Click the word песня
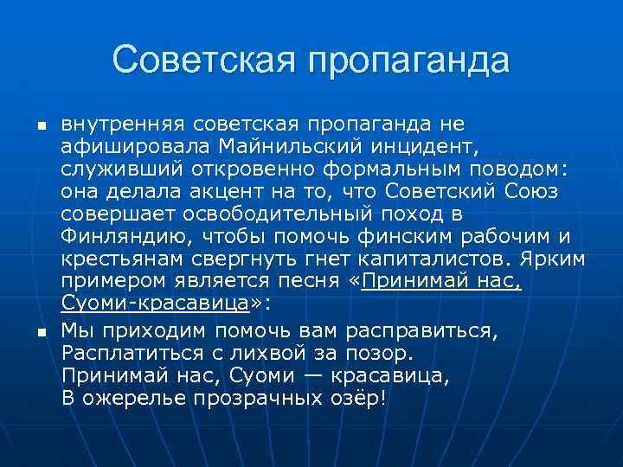307,281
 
